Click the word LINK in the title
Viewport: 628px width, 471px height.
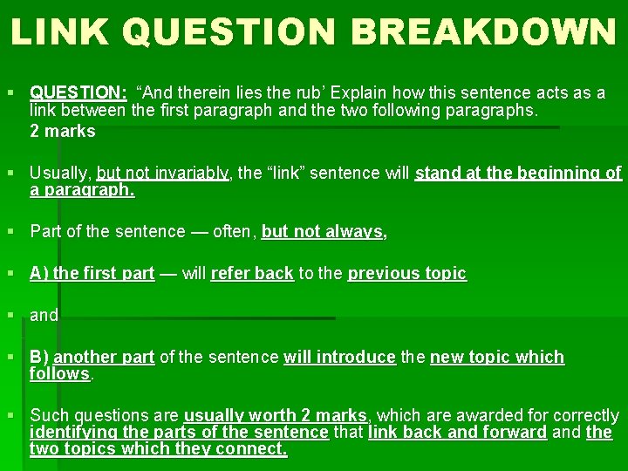[x=61, y=31]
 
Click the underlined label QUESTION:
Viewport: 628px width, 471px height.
[x=78, y=92]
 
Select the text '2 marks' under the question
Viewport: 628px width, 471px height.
[x=63, y=132]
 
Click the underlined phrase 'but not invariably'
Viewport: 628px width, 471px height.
[x=163, y=173]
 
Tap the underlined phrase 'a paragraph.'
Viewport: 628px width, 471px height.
[x=82, y=189]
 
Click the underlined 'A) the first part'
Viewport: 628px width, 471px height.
[x=92, y=273]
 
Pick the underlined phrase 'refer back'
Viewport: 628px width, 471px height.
[x=252, y=273]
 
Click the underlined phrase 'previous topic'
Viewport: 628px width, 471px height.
[x=407, y=273]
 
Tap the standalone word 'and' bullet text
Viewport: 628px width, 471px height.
[x=44, y=315]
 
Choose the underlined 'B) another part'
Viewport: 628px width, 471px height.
[x=92, y=357]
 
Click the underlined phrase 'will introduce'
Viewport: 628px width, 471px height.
[x=339, y=357]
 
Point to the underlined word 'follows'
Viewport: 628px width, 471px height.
[x=60, y=373]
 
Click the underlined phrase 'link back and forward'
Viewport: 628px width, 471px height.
[x=457, y=432]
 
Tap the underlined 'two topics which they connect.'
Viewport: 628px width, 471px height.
[x=158, y=448]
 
